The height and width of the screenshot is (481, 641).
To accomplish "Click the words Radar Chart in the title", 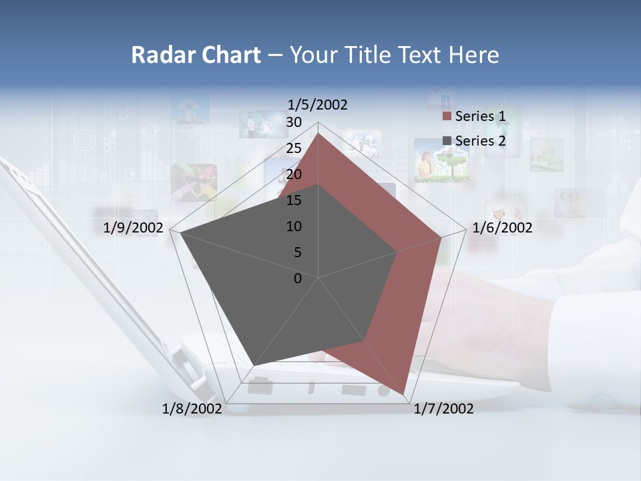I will pos(195,55).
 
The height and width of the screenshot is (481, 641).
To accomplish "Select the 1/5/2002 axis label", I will pos(318,105).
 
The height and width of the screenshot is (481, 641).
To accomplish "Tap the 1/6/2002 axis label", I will pos(502,228).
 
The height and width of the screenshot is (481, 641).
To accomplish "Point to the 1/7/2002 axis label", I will pos(443,409).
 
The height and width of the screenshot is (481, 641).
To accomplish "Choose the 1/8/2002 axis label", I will pos(192,409).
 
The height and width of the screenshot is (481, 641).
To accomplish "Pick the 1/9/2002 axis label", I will pos(134,228).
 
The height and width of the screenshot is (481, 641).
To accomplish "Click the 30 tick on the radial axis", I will pos(294,122).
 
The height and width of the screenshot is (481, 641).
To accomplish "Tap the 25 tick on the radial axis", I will pos(294,148).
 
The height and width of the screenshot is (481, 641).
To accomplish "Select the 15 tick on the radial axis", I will pos(294,200).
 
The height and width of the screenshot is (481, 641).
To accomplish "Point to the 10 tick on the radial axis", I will pos(294,226).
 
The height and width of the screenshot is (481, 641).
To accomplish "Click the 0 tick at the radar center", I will pos(298,279).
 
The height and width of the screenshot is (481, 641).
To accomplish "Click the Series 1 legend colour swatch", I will pos(447,117).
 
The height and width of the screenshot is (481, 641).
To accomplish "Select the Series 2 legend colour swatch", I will pos(447,141).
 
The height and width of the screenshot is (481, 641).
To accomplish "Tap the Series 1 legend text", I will pos(480,116).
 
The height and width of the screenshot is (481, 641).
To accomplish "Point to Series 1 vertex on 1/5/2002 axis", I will pos(318,133).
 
